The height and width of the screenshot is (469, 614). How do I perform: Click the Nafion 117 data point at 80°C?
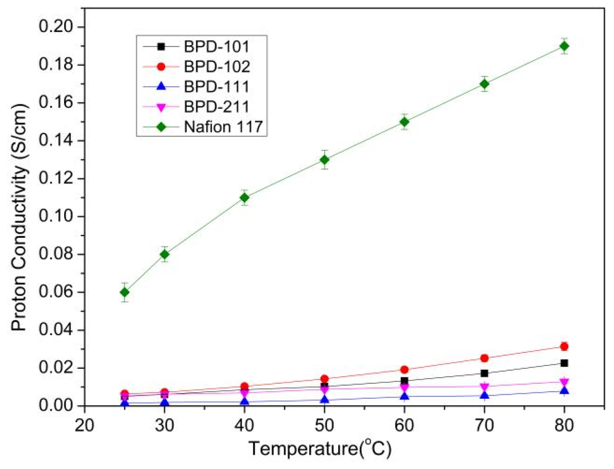click(564, 46)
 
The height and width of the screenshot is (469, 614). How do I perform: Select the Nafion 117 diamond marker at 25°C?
click(125, 292)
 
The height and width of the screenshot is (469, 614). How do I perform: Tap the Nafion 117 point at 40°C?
click(244, 197)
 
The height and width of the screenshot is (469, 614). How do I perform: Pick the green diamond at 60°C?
click(404, 122)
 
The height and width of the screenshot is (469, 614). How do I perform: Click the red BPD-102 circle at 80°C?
click(564, 346)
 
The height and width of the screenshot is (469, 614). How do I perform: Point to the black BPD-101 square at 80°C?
click(564, 363)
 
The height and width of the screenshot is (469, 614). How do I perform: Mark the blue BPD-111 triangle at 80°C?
click(564, 391)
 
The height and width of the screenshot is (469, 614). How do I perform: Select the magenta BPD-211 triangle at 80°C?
click(564, 382)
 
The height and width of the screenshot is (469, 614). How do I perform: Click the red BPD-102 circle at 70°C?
click(484, 358)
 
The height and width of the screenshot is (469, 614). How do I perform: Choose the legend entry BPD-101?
click(217, 47)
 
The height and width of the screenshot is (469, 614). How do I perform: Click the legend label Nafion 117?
click(223, 127)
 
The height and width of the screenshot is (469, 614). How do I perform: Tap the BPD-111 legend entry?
click(217, 87)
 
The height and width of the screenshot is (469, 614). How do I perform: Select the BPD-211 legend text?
click(217, 107)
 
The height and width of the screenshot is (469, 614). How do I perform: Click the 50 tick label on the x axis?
click(324, 425)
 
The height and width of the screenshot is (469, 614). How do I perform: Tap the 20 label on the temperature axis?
click(85, 425)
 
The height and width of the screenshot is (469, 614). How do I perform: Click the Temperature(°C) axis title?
click(319, 448)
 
